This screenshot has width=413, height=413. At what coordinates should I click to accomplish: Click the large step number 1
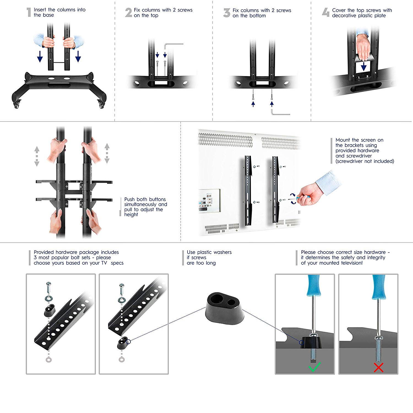point(29,12)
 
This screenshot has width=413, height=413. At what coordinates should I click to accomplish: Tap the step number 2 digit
point(129,13)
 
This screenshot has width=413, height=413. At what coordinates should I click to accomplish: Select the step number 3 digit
point(227,13)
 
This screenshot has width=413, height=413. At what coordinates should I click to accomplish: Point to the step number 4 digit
point(326,12)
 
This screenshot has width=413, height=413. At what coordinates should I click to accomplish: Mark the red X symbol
point(379,367)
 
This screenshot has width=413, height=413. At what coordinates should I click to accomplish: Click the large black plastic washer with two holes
point(225,308)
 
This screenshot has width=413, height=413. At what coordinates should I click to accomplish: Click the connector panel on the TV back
point(210,200)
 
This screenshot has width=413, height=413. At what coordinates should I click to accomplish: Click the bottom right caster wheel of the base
point(101,104)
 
